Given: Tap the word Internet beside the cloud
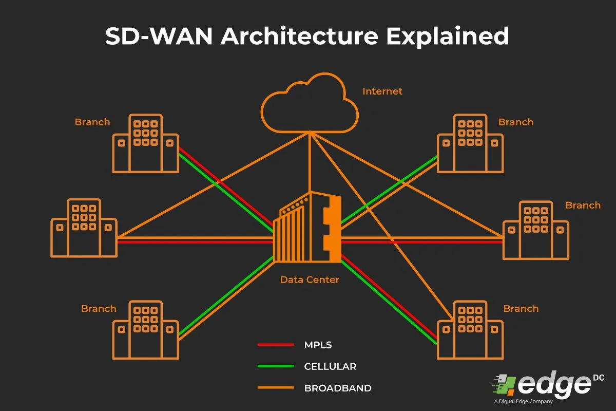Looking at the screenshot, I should click(382, 91).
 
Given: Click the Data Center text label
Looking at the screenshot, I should click(309, 280).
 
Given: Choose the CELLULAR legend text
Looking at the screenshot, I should click(330, 366).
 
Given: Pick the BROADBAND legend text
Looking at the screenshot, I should click(337, 388).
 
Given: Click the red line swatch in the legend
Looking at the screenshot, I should click(275, 345).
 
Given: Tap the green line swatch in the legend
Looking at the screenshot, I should click(275, 366).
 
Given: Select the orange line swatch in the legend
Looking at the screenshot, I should click(275, 388).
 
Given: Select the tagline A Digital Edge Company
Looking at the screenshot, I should click(523, 402).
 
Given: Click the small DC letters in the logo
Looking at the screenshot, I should click(598, 378).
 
